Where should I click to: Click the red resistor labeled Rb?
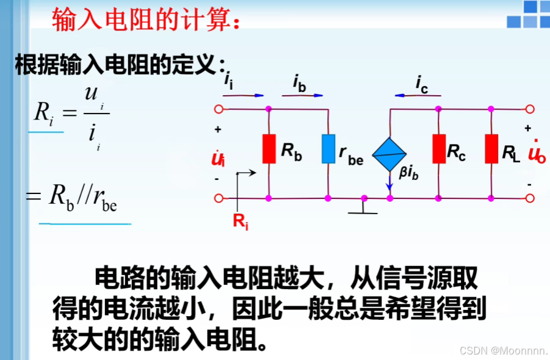pyautogui.click(x=269, y=149)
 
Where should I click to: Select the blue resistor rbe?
pyautogui.click(x=328, y=149)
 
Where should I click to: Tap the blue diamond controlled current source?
pyautogui.click(x=389, y=153)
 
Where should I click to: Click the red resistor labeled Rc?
pyautogui.click(x=438, y=149)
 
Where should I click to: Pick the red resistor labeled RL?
pyautogui.click(x=491, y=149)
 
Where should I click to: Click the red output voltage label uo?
pyautogui.click(x=537, y=153)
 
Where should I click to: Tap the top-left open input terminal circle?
pyautogui.click(x=218, y=110)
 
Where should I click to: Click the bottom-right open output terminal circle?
pyautogui.click(x=530, y=198)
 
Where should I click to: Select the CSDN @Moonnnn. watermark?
pyautogui.click(x=504, y=350)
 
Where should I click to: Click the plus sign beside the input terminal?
pyautogui.click(x=217, y=130)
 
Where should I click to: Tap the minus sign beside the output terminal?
pyautogui.click(x=529, y=183)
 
